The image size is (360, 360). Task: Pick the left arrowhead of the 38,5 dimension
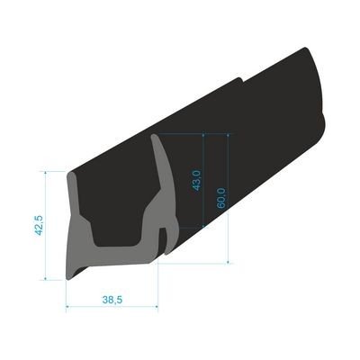pyautogui.click(x=69, y=305)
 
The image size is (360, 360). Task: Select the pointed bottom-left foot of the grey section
pyautogui.click(x=70, y=275)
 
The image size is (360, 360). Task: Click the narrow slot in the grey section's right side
pyautogui.click(x=162, y=238)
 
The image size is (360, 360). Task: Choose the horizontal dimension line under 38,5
pyautogui.click(x=112, y=305)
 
